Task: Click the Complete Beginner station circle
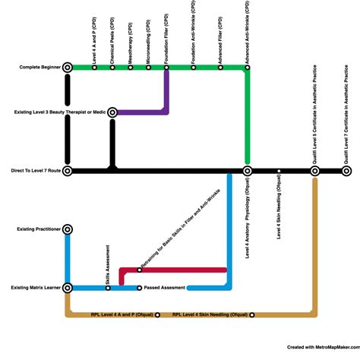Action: click(x=68, y=68)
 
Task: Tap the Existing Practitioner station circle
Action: click(x=68, y=229)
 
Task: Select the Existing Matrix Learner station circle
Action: click(x=68, y=288)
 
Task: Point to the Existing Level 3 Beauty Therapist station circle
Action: click(x=112, y=112)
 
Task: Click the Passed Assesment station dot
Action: click(x=139, y=288)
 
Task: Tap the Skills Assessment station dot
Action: click(x=108, y=288)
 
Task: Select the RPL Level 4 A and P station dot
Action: click(x=157, y=314)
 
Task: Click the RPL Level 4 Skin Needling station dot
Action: click(x=251, y=314)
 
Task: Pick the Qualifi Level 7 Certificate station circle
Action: click(x=346, y=172)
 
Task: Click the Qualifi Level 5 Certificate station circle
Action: click(x=314, y=172)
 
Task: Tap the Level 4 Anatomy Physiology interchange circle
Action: click(x=247, y=172)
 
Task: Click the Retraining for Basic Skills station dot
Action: click(x=139, y=270)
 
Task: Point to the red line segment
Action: click(x=182, y=270)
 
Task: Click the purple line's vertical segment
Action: click(x=166, y=91)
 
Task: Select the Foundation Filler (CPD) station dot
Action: click(x=166, y=68)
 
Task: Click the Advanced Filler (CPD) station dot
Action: click(x=220, y=68)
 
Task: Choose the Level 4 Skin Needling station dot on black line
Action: click(x=279, y=172)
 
